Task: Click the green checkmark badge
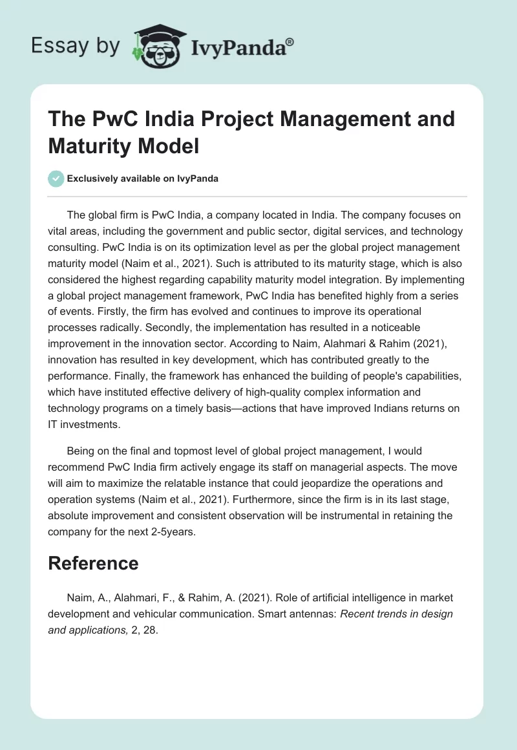(x=56, y=178)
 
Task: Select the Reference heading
(x=93, y=563)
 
